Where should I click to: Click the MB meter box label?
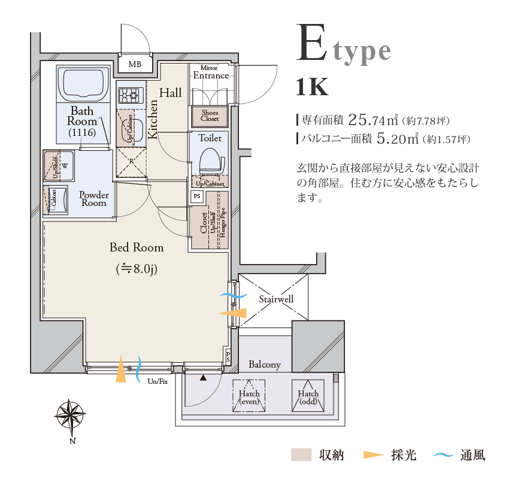(135, 64)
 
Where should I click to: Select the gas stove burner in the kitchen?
(129, 95)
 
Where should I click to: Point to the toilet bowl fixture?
(210, 161)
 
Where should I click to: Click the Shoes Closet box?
(210, 116)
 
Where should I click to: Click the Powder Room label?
(94, 199)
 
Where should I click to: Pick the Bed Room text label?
(136, 247)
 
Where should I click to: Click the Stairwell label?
(276, 299)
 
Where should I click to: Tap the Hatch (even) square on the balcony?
(249, 396)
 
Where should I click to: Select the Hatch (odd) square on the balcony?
(308, 396)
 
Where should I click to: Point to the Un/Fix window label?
(157, 381)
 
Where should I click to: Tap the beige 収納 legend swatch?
(302, 455)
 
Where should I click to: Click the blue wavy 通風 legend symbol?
(443, 456)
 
